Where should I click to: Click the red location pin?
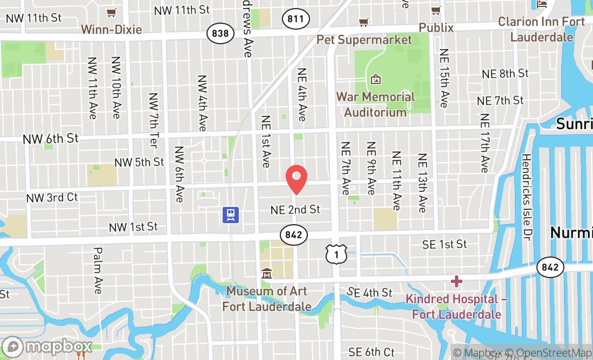pos(296,179)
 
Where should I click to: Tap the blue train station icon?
pos(231,214)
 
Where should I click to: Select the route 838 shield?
pos(220,33)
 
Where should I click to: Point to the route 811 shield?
pos(295,19)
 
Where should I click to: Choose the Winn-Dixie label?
pos(112,29)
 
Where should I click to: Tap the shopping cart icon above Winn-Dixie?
pos(112,12)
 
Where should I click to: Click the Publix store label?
pos(436,27)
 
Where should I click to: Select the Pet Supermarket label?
pos(364,39)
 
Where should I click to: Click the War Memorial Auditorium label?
pos(376,105)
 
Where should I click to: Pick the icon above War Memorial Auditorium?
pos(376,80)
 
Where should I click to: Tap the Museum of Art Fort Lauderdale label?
pos(267,299)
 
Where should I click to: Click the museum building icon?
pos(266,274)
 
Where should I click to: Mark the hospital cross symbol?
pos(457,281)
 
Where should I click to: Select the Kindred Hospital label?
pos(457,307)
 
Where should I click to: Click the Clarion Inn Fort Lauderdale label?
pos(541,29)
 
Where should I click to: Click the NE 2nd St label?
pos(295,209)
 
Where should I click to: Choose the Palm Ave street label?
pos(98,271)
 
